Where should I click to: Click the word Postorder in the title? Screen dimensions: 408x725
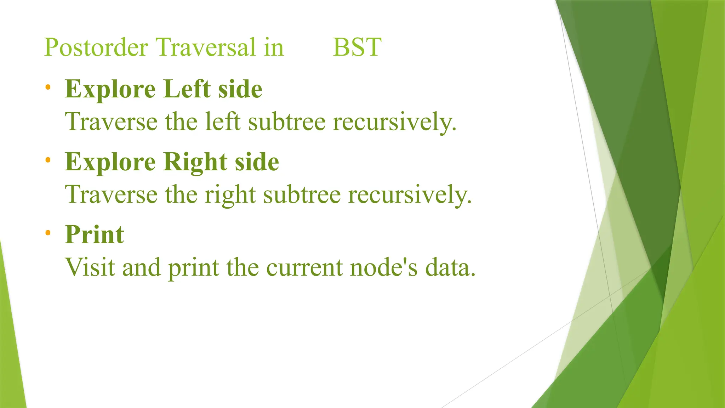click(96, 47)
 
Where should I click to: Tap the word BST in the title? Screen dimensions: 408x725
click(357, 47)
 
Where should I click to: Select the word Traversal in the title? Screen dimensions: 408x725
click(206, 47)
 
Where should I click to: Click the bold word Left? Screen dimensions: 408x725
click(187, 89)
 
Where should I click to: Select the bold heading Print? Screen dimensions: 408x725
click(95, 235)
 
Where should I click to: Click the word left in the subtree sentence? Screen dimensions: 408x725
click(223, 121)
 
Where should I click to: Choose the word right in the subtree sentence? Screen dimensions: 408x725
click(230, 195)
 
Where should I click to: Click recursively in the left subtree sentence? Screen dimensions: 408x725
click(394, 122)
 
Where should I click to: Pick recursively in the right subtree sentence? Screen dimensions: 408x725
click(410, 195)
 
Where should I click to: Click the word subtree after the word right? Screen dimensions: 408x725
click(302, 194)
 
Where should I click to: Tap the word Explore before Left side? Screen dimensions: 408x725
click(110, 90)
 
